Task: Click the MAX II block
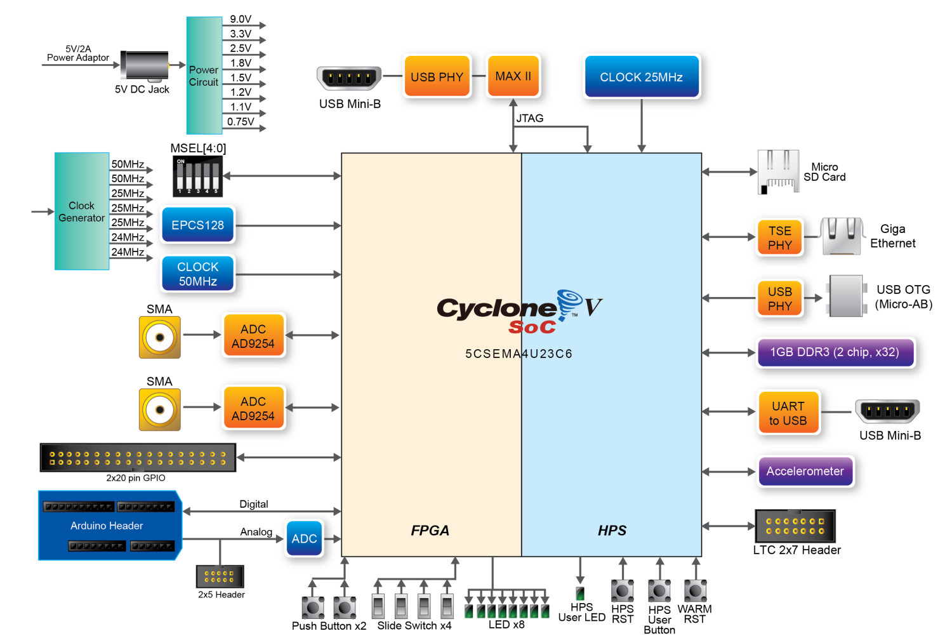tap(513, 76)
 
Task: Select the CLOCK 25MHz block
tap(641, 77)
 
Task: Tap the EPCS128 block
tap(197, 225)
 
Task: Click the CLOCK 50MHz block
tap(197, 274)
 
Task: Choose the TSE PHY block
tap(779, 237)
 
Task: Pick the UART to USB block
tap(788, 413)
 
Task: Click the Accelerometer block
tap(805, 471)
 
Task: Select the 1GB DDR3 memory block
tap(835, 352)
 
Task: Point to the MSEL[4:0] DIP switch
tap(197, 176)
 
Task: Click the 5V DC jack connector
tap(145, 66)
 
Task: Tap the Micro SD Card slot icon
tap(778, 171)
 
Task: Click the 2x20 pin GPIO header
tap(138, 458)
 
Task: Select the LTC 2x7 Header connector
tap(795, 526)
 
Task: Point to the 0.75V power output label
tap(241, 121)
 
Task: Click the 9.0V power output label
tap(241, 19)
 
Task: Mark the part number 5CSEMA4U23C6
tap(519, 354)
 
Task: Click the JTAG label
tap(529, 118)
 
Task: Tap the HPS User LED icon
tap(579, 593)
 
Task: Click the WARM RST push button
tap(695, 590)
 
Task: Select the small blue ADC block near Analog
tap(304, 538)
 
